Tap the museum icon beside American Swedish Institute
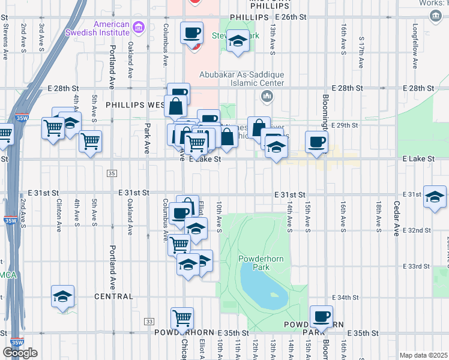pos(139,26)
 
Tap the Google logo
pos(20,353)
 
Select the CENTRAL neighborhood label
pos(113,296)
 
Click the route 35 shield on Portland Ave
pos(112,173)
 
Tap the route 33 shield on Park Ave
pos(148,322)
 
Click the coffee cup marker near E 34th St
pos(321,317)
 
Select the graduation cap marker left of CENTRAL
pos(62,296)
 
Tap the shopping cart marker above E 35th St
pos(182,318)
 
